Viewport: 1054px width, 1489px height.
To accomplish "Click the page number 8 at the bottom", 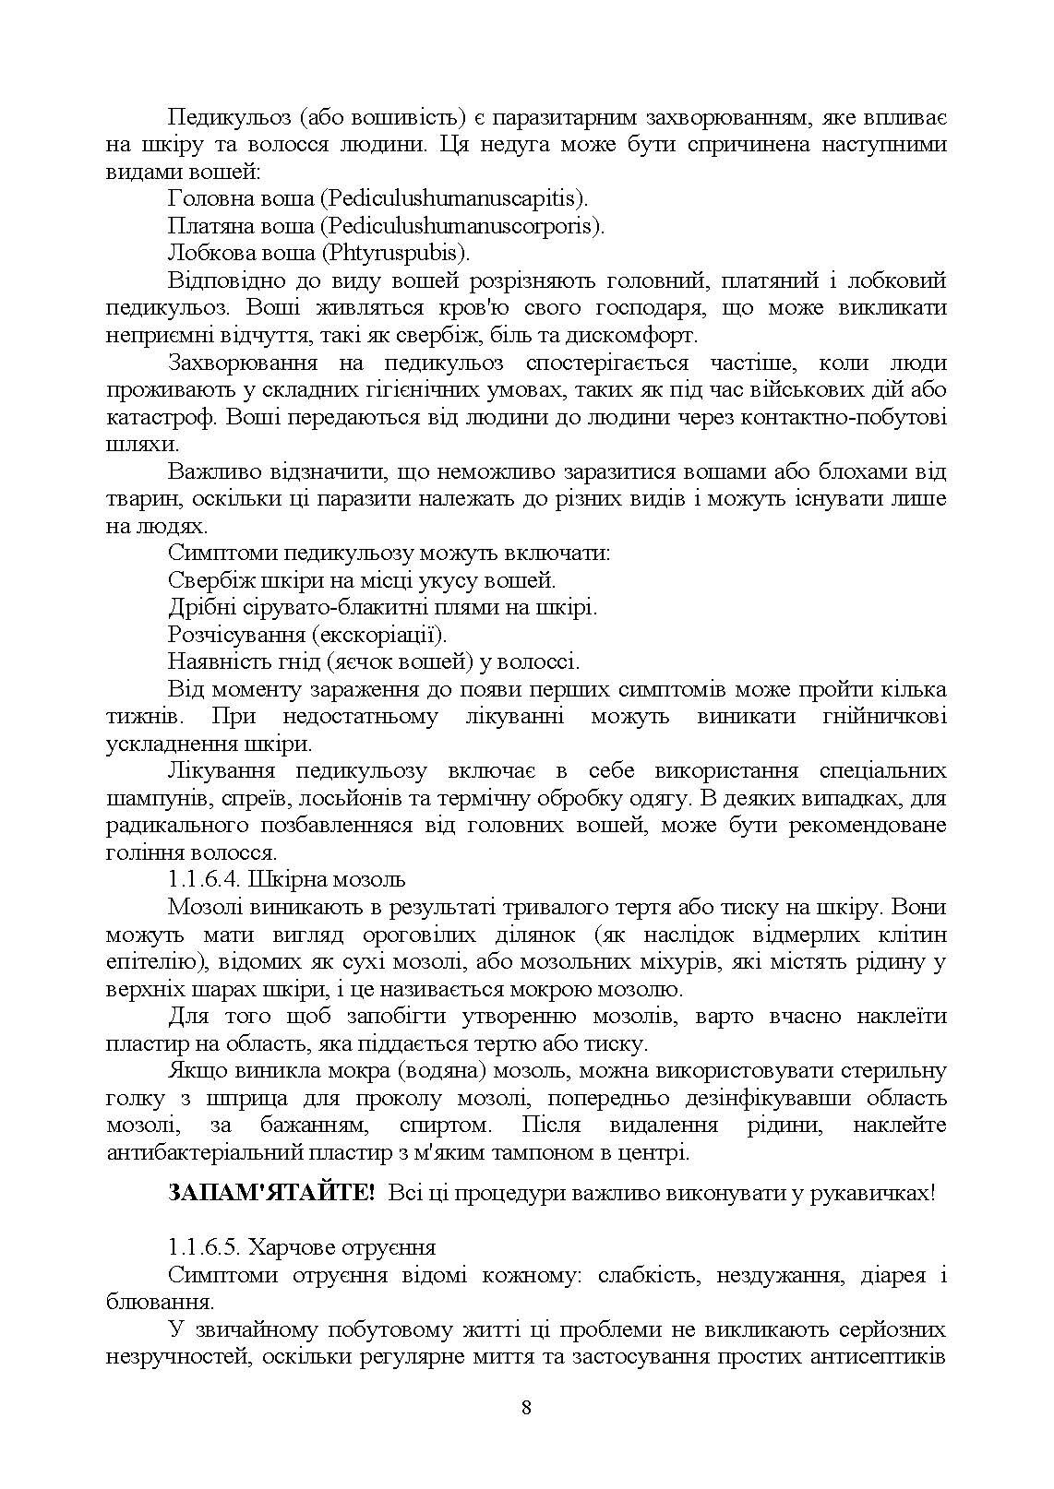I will [x=526, y=1407].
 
